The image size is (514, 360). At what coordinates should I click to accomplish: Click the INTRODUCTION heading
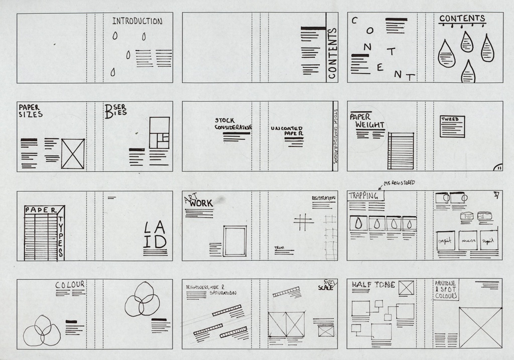tap(137, 22)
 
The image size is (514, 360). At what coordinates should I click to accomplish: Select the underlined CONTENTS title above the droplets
tap(462, 19)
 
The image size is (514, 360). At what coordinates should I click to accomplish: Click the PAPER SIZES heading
tap(30, 111)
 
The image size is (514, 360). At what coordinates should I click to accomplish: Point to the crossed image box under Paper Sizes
tap(73, 154)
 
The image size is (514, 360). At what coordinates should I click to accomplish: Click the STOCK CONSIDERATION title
tap(232, 124)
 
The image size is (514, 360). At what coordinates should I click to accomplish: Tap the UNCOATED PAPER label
tap(287, 132)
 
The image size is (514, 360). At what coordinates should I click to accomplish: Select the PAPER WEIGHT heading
tap(369, 121)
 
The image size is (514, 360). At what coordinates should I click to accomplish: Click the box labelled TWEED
tap(452, 126)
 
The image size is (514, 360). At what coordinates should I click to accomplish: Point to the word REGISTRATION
tap(323, 199)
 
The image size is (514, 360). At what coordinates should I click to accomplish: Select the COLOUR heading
tap(70, 285)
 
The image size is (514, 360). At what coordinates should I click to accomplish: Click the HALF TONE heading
tap(373, 285)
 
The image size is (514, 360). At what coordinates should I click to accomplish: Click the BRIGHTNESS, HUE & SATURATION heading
tap(211, 289)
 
